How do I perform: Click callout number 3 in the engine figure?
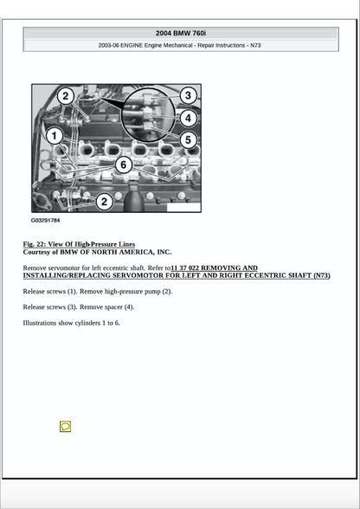coord(188,95)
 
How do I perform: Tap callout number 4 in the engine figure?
coord(189,118)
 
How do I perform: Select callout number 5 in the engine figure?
coord(189,139)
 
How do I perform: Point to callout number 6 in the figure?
coord(124,164)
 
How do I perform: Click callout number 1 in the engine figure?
coord(54,136)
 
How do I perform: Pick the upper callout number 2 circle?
coord(66,96)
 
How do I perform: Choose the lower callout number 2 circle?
coord(104,202)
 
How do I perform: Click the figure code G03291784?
coord(46,221)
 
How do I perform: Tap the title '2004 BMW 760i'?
coord(180,33)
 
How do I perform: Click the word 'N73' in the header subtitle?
coord(254,45)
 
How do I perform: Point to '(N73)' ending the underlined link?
coord(321,276)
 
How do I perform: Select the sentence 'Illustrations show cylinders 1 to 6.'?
coord(72,323)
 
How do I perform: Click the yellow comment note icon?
coord(65,427)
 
